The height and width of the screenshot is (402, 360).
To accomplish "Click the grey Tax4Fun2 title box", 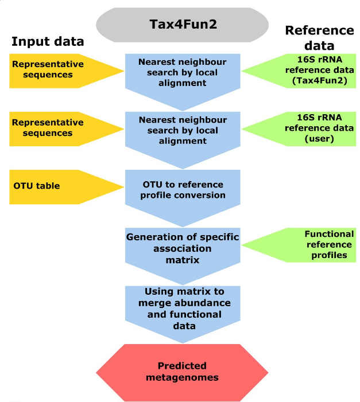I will (182, 25).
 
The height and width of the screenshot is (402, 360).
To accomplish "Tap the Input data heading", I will (48, 41).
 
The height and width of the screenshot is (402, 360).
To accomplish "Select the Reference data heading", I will (319, 38).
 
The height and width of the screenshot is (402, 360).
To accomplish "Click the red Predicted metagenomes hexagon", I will (182, 372).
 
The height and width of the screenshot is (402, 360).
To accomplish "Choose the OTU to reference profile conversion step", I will (183, 190).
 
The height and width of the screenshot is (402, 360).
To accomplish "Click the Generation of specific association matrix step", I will (183, 249).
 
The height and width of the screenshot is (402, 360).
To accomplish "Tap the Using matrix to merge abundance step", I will (183, 308).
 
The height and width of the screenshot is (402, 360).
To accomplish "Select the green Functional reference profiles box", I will (310, 245).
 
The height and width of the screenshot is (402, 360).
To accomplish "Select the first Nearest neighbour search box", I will (183, 72).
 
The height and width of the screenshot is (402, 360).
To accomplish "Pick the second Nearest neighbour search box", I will (183, 130).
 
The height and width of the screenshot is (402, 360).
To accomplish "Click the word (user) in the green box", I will (319, 138).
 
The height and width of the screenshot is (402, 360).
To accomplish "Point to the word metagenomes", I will (182, 378).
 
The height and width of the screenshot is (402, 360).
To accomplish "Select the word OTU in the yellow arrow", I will (22, 186).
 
